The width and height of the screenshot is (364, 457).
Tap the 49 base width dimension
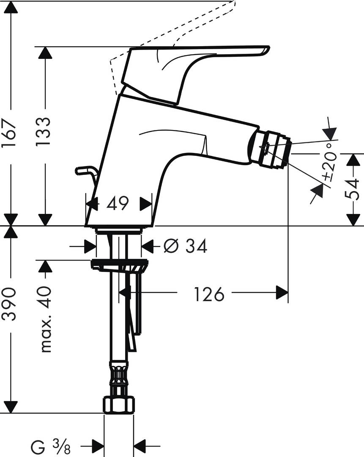coord(118,204)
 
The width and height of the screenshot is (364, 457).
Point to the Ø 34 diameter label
coord(185,246)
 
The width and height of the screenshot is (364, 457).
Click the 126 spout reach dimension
coord(208,294)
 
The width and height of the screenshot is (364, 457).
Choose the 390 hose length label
coord(9,304)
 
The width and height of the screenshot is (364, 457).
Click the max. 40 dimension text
coord(45,319)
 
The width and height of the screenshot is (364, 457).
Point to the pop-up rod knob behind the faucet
coord(85,171)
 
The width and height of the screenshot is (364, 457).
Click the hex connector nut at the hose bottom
coord(119,405)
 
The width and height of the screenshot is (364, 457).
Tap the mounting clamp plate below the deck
coord(120,266)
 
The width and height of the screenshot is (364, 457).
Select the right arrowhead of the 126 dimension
coord(282,292)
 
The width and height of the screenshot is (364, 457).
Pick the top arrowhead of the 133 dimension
coord(45,53)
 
